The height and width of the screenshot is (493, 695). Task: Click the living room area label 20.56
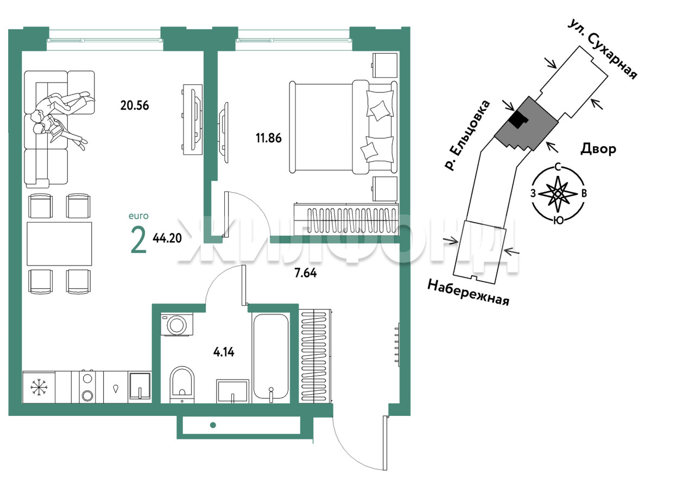click(x=135, y=105)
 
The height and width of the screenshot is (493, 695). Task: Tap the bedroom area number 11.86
click(x=269, y=138)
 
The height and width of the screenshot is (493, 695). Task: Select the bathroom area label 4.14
click(x=224, y=352)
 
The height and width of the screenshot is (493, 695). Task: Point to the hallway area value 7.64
click(x=306, y=273)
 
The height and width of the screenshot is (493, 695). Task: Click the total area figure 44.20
click(x=167, y=238)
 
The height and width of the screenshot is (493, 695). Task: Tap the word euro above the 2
click(x=138, y=216)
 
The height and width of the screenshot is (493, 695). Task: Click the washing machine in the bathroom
click(x=177, y=325)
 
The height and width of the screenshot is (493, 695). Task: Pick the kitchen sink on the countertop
click(x=140, y=385)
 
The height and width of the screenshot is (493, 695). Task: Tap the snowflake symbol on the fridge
click(x=39, y=387)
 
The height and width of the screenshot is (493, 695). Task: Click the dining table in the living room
click(x=59, y=244)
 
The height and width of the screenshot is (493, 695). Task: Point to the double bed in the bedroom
click(x=343, y=127)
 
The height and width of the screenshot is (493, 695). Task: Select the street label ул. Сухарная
click(x=602, y=49)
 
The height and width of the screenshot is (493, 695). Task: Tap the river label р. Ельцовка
click(x=467, y=136)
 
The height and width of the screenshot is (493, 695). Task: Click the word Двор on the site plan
click(x=598, y=149)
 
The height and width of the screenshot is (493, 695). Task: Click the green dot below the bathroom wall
click(x=213, y=425)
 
